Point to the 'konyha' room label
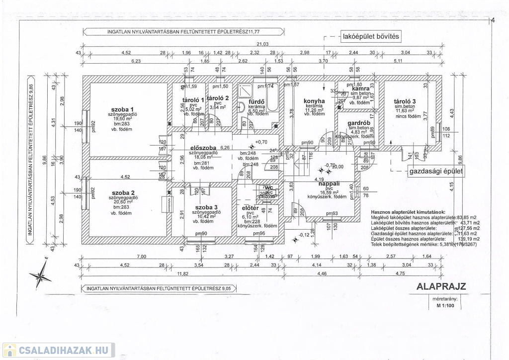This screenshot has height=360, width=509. [x=314, y=101]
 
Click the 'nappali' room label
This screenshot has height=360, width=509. [x=329, y=183]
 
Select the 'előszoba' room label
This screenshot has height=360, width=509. [x=203, y=148]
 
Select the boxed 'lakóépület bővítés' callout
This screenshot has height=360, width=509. [x=370, y=36]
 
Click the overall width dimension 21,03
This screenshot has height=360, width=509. [x=269, y=44]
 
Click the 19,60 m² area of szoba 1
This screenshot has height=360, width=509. [x=122, y=119]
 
